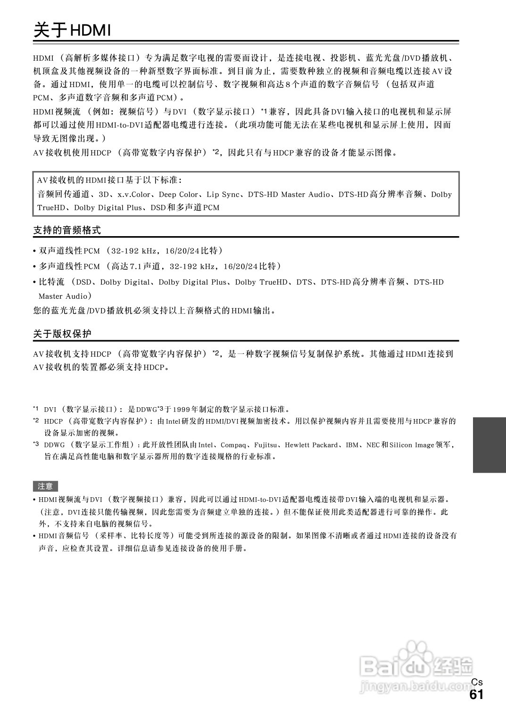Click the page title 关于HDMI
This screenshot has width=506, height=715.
pos(72,31)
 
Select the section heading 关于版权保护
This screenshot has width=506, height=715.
pos(62,334)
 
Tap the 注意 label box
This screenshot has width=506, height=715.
pos(45,486)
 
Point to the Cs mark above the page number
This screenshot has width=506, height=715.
pos(477,682)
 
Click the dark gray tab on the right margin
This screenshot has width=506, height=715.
pos(489,444)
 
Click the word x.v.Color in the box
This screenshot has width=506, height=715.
pos(134,195)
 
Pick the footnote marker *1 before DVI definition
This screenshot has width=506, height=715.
pos(36,409)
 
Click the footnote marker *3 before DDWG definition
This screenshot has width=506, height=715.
pos(36,444)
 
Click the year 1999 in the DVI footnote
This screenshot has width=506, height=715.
pos(180,409)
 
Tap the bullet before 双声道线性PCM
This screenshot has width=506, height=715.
pos(34,251)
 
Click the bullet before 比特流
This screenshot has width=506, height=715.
pos(34,283)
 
